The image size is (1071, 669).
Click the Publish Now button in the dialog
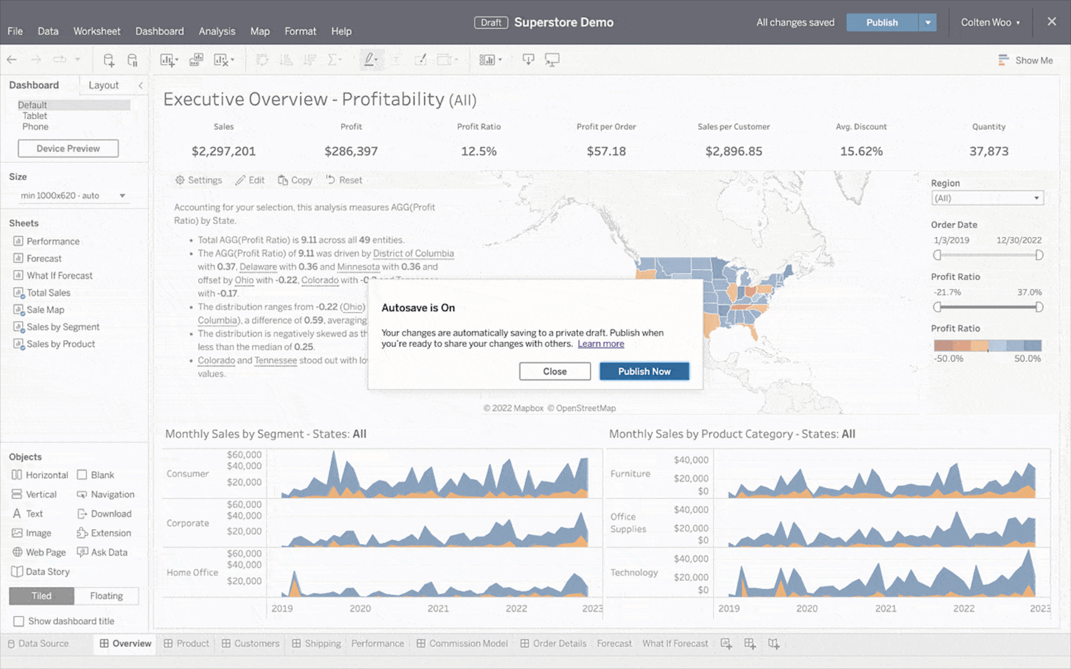pyautogui.click(x=644, y=371)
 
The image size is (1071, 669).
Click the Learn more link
pyautogui.click(x=600, y=344)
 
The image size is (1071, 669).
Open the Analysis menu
pyautogui.click(x=216, y=31)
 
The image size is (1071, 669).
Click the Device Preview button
pyautogui.click(x=68, y=149)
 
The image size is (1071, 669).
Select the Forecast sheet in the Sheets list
pyautogui.click(x=44, y=259)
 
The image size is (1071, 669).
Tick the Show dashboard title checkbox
pyautogui.click(x=19, y=621)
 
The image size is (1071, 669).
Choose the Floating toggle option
pyautogui.click(x=106, y=596)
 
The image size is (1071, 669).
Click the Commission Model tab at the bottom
pyautogui.click(x=468, y=643)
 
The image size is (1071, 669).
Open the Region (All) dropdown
pyautogui.click(x=987, y=198)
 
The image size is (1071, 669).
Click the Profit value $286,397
pyautogui.click(x=351, y=151)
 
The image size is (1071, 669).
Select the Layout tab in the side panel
pyautogui.click(x=103, y=85)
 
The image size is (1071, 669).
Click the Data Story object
pyautogui.click(x=47, y=572)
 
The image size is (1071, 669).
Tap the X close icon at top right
pyautogui.click(x=1052, y=21)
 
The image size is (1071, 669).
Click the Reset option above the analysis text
pyautogui.click(x=344, y=180)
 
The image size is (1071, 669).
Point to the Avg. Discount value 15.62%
pyautogui.click(x=861, y=151)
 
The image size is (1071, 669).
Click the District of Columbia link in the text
pyautogui.click(x=413, y=254)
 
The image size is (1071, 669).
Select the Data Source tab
pyautogui.click(x=43, y=643)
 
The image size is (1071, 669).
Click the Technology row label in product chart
pyautogui.click(x=634, y=573)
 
